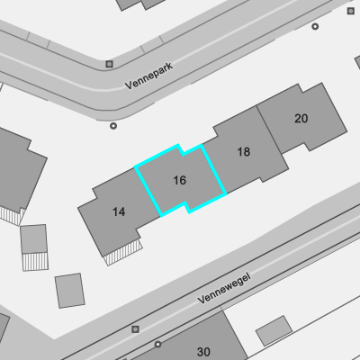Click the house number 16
point(180,180)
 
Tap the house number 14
point(119,212)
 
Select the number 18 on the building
point(244,152)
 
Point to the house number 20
point(301,119)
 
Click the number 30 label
point(203,352)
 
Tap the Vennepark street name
point(149,76)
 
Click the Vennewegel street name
point(224,288)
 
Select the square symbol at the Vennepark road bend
point(109,64)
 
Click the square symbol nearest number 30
point(135,329)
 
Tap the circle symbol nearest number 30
point(157,344)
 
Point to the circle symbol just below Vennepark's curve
point(113,126)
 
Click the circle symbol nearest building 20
point(315,27)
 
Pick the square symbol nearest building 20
point(351,11)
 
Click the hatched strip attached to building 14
point(124,252)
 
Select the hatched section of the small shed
point(35,262)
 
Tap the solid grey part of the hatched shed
point(33,239)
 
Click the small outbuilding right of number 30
point(274,330)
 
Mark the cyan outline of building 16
point(136,166)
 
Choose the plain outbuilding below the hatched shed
point(70,291)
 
